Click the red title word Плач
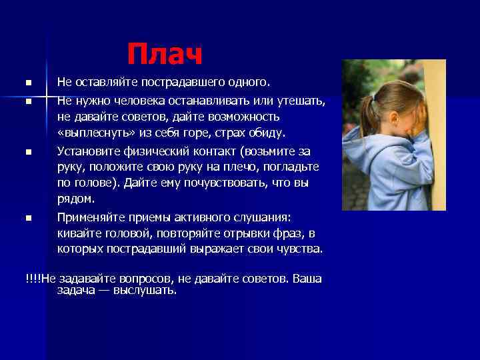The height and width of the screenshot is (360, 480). click(164, 54)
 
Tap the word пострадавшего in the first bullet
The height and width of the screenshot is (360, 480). click(171, 83)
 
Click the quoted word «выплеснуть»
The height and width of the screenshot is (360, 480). click(91, 133)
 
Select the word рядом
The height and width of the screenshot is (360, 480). click(75, 199)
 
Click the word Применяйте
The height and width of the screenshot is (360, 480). click(90, 217)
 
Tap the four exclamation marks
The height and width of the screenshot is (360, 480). click(33, 279)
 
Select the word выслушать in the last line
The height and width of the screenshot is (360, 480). click(148, 291)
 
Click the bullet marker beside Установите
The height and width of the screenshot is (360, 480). click(29, 152)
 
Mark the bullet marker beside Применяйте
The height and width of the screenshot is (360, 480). click(29, 218)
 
